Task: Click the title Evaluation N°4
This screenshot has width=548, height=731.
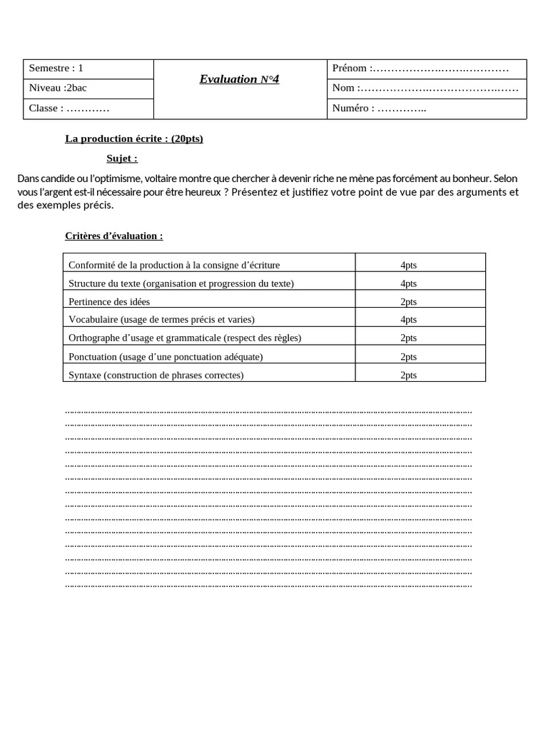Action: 239,79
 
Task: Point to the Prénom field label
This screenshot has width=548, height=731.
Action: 350,69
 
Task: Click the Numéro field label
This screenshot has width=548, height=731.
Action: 352,109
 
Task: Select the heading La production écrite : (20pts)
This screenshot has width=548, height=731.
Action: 134,138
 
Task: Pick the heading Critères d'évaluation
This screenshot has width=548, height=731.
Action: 113,236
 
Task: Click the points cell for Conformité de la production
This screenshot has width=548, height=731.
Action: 408,265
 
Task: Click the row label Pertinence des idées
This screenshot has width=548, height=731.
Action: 109,302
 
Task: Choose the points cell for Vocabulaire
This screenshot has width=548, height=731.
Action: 408,320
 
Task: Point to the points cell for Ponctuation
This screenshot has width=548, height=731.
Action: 408,356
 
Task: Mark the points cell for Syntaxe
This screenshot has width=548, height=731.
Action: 408,375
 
